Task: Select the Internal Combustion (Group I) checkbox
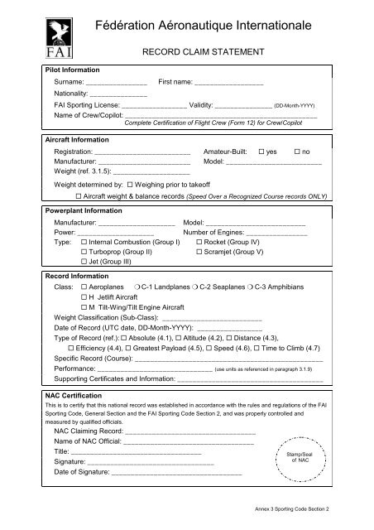point(86,242)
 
